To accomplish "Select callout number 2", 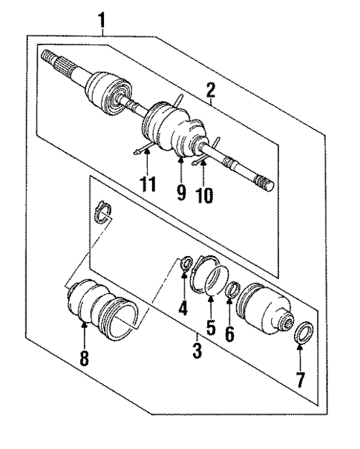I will click(211, 92).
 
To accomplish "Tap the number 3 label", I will click(197, 350).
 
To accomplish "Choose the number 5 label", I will click(212, 325).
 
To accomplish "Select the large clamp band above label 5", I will click(209, 275).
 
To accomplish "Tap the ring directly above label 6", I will click(232, 289).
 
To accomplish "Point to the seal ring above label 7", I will click(304, 330).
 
